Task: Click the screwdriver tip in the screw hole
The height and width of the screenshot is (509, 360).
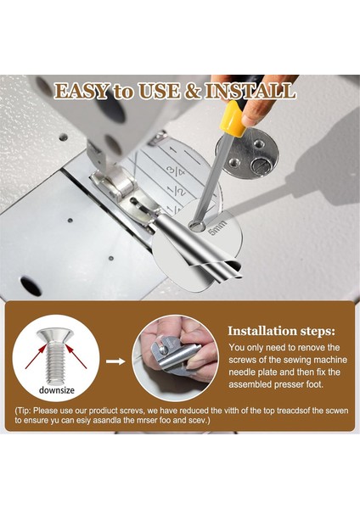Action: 197,225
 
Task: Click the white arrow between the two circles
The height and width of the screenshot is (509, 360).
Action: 115,360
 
